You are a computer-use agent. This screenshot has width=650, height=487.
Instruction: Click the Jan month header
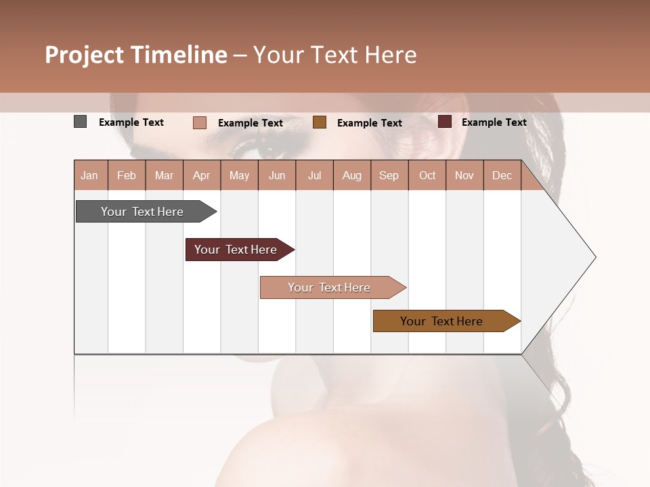[x=89, y=175]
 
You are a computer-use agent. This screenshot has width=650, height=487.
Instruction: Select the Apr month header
[x=201, y=175]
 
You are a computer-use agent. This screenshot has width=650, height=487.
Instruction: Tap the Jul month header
[x=314, y=175]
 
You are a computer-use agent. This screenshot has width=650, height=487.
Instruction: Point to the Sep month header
[x=389, y=175]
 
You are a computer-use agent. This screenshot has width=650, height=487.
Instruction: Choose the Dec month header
[x=502, y=175]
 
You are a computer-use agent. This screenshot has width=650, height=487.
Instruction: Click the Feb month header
[x=127, y=175]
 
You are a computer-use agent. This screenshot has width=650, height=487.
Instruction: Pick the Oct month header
[x=427, y=175]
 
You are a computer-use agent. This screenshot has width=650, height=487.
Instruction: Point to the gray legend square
[x=80, y=122]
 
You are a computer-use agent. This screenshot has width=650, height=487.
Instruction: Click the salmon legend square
[x=199, y=122]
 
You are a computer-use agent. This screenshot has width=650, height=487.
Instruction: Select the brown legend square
[x=320, y=122]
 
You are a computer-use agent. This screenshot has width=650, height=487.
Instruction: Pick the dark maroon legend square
[x=444, y=122]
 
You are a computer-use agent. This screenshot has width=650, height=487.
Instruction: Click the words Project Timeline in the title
[x=136, y=55]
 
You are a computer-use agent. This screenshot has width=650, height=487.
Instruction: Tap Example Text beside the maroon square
[x=494, y=122]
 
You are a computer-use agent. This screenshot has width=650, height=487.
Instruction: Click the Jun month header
[x=277, y=175]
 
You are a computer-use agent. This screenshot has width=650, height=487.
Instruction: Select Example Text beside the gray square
[x=131, y=122]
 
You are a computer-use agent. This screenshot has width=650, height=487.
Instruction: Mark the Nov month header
[x=464, y=175]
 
